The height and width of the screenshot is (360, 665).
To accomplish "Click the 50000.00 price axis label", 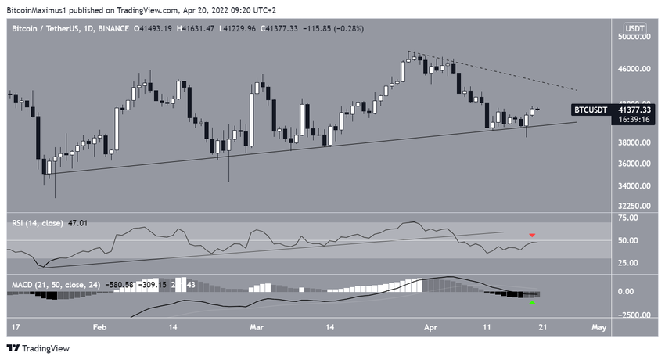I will (x=633, y=37).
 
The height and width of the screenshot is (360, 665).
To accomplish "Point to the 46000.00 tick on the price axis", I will (x=633, y=69).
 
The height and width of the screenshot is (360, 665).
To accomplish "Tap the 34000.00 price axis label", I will (x=633, y=186).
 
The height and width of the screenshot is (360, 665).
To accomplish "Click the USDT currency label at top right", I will (x=635, y=28).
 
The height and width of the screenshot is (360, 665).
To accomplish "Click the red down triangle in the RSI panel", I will (x=533, y=235).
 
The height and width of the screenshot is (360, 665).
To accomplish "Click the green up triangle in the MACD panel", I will (x=533, y=303).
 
